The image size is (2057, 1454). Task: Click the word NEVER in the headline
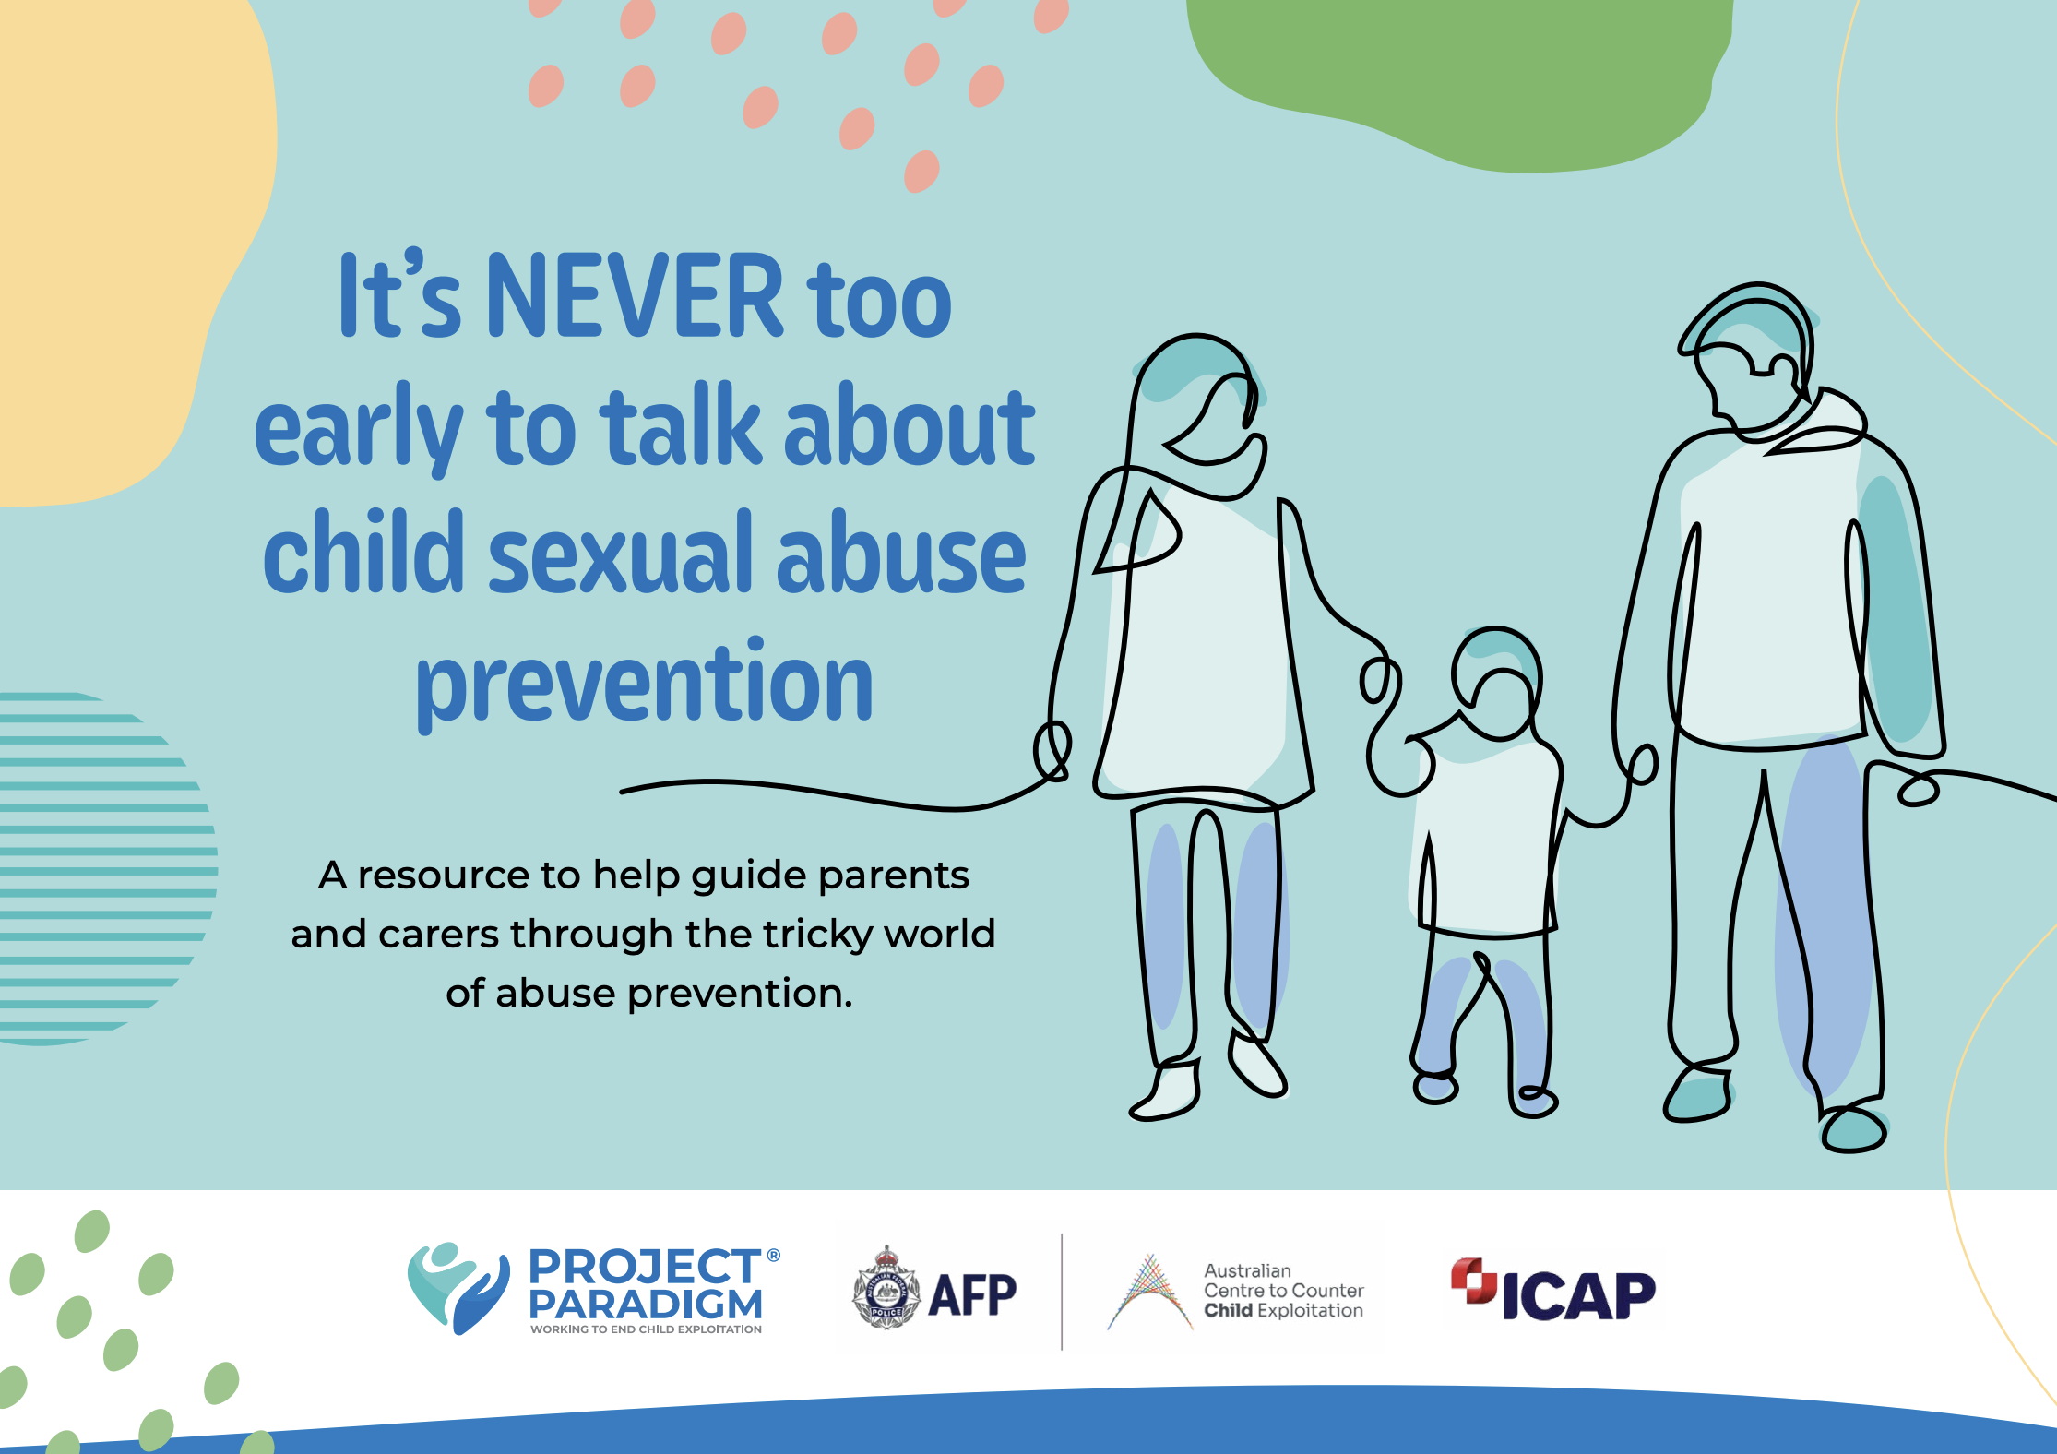pos(635,295)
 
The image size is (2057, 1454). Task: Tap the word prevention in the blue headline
pos(644,685)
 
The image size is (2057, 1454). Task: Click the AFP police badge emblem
pos(886,1288)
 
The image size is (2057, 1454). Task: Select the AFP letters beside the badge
pos(972,1294)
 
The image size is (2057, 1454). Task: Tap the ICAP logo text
pos(1579,1296)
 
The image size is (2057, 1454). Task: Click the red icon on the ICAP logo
pos(1474,1281)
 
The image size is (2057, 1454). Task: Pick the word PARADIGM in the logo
pos(646,1305)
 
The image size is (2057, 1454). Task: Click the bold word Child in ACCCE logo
pos(1228,1310)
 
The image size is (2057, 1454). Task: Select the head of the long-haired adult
pos(1199,406)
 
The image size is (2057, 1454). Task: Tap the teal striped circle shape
pos(101,868)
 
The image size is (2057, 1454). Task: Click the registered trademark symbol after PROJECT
pos(774,1256)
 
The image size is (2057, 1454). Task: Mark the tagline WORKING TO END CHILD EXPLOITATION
pos(646,1329)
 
